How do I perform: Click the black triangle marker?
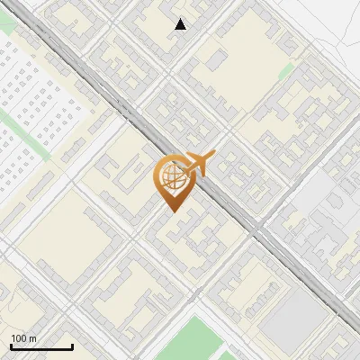pos(181,24)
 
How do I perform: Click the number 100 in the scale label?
pos(18,338)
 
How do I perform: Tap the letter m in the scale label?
pos(32,338)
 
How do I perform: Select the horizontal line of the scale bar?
pos(41,347)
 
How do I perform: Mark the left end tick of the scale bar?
pos(11,346)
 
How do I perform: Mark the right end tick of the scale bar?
pos(72,346)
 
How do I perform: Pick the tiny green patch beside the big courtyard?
pos(285,70)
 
